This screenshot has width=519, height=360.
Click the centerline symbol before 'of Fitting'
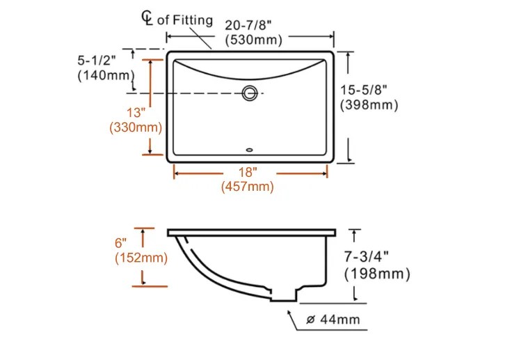click(147, 18)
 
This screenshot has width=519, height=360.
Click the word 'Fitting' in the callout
click(193, 20)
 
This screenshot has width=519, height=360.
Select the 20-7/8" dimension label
click(248, 25)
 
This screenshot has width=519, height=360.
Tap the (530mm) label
click(253, 40)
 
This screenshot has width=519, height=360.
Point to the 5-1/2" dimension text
click(97, 61)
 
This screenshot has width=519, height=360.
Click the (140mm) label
click(106, 75)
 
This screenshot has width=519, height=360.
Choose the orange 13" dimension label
click(136, 113)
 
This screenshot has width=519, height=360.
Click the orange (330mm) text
click(136, 127)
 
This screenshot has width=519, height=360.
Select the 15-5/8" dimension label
click(364, 90)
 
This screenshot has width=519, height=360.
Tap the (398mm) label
click(369, 105)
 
